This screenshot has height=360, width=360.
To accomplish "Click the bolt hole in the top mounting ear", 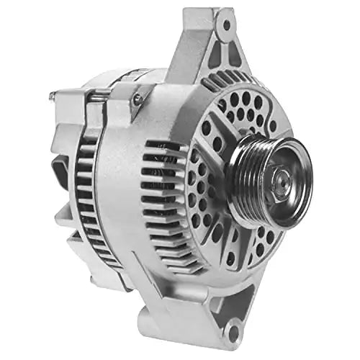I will point(227,24).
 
